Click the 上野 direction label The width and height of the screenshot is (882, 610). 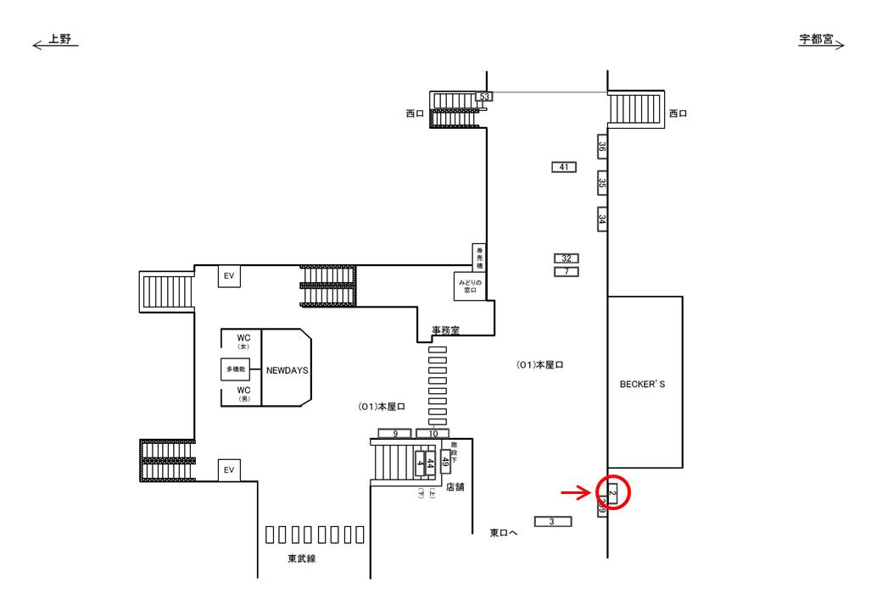pos(60,39)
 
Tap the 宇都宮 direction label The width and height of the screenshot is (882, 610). pos(816,39)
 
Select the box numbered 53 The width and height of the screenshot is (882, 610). pos(484,97)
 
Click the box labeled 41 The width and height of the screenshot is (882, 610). pos(563,167)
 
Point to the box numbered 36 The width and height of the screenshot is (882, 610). pos(602,147)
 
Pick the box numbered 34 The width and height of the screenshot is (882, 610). pos(602,219)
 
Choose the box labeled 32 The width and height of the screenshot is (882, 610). pos(567,258)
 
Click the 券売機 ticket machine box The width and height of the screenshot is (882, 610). pos(479,257)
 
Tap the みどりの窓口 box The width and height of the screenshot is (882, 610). pos(469,286)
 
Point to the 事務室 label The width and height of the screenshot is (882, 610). pos(445,331)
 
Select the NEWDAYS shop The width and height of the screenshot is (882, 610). pos(287,370)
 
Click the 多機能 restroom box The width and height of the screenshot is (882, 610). pos(235,370)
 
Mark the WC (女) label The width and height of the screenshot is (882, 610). pos(243,341)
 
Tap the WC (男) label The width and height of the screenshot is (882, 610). pos(243,393)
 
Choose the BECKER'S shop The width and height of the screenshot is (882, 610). pos(645,384)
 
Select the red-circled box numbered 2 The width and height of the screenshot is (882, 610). pos(612,491)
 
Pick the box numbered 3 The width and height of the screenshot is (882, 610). pos(552,521)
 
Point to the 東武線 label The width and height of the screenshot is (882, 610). pos(301,558)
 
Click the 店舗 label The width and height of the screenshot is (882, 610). pos(455,487)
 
